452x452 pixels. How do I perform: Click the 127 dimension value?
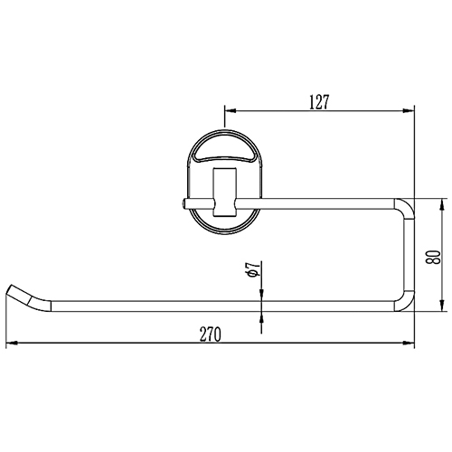click(x=319, y=102)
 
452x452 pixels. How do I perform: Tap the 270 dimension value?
click(x=210, y=334)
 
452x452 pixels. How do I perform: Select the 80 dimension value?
click(x=433, y=257)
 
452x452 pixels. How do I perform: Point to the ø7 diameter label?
click(x=252, y=269)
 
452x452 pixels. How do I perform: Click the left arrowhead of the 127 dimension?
click(x=230, y=111)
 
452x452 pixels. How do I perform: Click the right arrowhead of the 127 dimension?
click(x=409, y=111)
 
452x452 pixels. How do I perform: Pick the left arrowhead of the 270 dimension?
click(x=11, y=343)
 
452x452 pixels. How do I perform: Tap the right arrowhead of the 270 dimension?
click(x=409, y=343)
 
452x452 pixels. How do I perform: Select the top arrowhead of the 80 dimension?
click(x=442, y=204)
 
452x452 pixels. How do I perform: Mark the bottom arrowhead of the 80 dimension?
click(x=442, y=306)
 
